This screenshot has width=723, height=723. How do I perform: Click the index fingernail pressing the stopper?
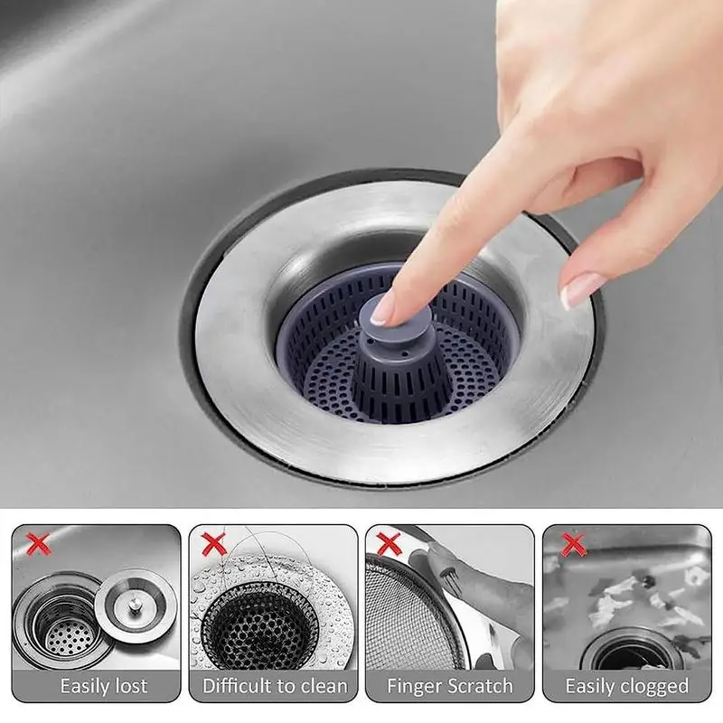click(383, 309)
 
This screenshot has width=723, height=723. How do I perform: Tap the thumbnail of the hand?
click(579, 290)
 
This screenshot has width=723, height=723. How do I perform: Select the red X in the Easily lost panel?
click(37, 543)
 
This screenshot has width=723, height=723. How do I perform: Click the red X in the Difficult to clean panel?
click(213, 543)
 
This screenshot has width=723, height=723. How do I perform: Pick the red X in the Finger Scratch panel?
click(390, 543)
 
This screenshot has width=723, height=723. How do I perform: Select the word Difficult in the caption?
click(235, 686)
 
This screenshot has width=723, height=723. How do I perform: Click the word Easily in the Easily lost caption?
click(89, 686)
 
